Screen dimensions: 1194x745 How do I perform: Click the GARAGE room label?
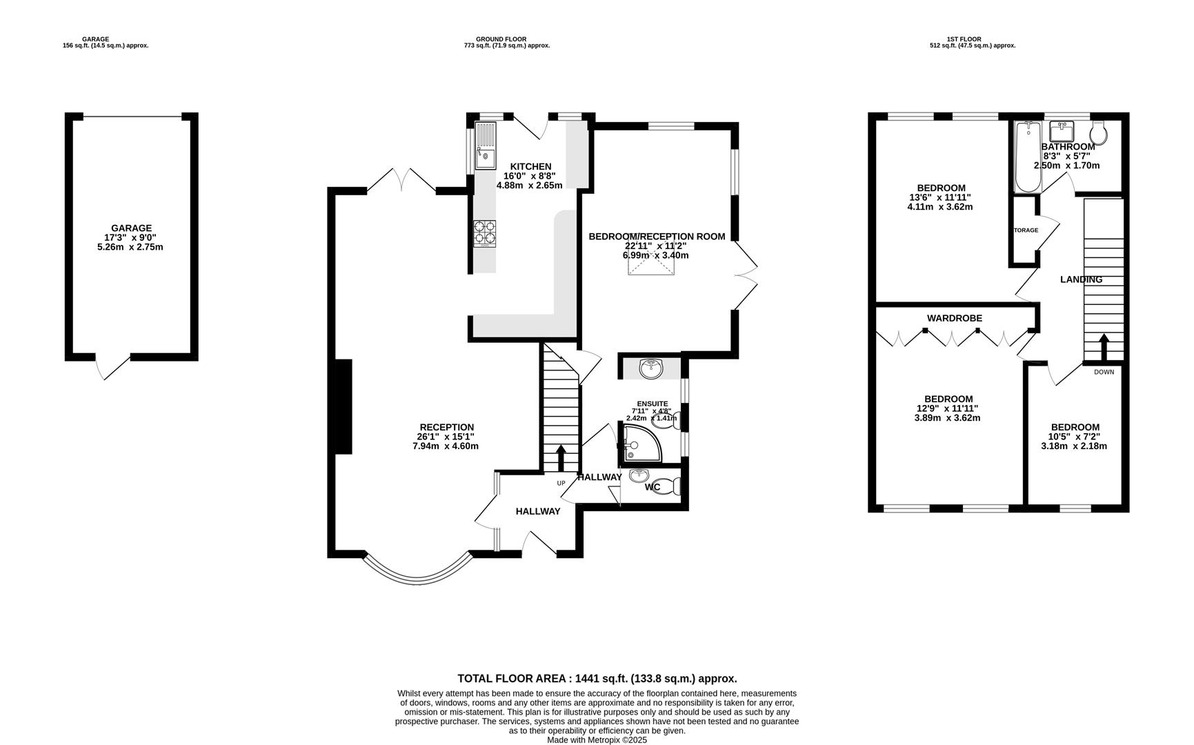pos(131,228)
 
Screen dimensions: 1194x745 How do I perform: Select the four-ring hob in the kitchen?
pos(485,233)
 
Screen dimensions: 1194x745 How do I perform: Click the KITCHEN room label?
pos(530,166)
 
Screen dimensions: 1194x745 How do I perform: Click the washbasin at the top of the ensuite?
pos(650,368)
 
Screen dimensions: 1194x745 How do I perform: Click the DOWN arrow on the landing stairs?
pos(1104,348)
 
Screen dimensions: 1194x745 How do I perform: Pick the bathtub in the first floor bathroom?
pos(1028,157)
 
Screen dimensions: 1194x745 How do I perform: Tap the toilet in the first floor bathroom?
pos(1099,132)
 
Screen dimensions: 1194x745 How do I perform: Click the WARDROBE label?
pos(955,318)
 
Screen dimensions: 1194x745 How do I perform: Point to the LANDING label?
pos(1081,279)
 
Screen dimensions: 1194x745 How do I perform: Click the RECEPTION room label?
pos(447,427)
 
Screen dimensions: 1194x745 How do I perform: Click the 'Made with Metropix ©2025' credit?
pos(597,740)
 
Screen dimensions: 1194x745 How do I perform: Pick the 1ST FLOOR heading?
pos(964,39)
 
